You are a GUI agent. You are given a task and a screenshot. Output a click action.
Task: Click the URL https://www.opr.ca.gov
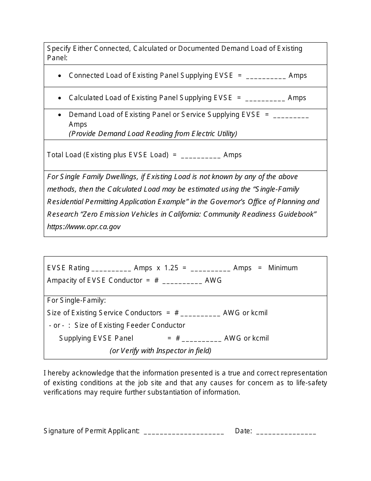click(x=84, y=227)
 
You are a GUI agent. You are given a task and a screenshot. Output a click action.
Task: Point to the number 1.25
click(x=171, y=268)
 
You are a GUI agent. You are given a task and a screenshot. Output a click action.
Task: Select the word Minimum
click(x=283, y=268)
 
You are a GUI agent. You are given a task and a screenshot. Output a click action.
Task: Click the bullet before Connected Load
click(x=59, y=76)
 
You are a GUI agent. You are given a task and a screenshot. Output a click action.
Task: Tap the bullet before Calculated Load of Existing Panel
click(x=59, y=98)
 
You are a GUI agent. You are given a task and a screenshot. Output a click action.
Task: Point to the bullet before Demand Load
click(x=59, y=115)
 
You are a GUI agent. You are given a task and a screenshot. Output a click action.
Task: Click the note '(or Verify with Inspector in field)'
click(x=161, y=351)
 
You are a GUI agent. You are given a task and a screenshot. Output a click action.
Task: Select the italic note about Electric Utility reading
click(x=153, y=134)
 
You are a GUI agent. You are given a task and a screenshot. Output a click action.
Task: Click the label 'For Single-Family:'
click(x=77, y=300)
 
